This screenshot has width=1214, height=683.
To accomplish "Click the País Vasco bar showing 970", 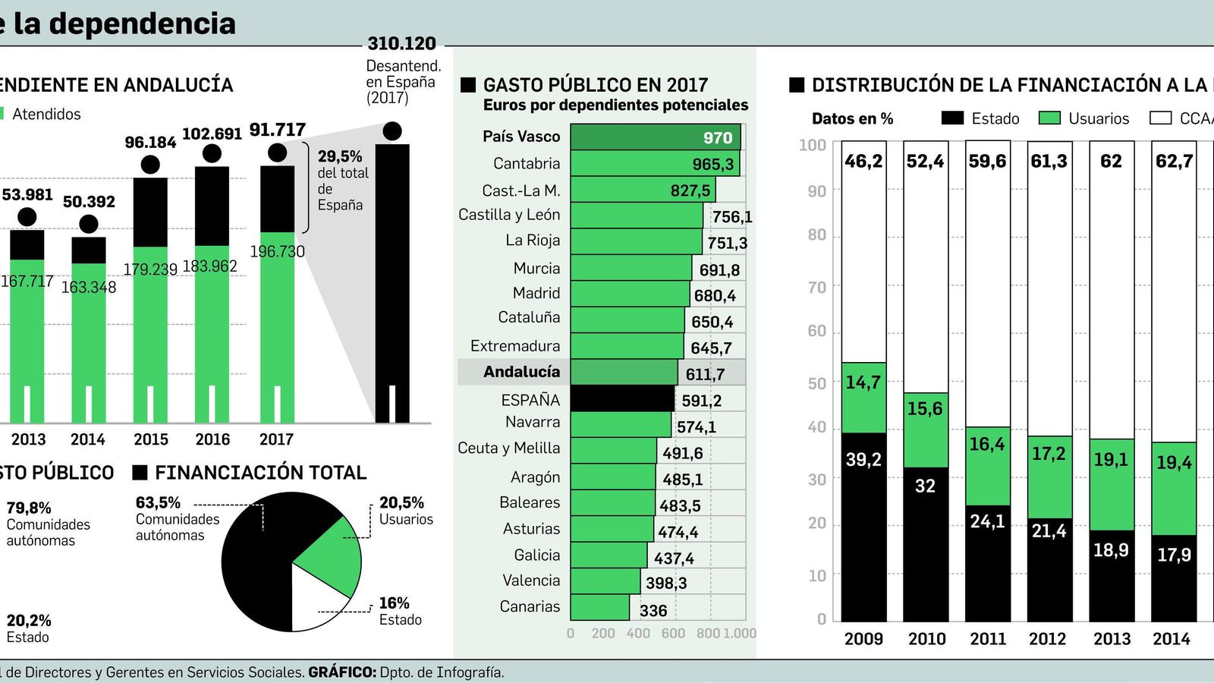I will (655, 137).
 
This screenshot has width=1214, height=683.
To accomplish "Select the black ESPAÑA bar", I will (622, 399).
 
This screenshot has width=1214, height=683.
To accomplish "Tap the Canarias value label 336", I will (653, 610).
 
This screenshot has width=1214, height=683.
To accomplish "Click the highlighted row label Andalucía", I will (521, 372).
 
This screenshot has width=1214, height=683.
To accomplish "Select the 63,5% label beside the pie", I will (158, 502).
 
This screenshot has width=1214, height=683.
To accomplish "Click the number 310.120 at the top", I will (401, 44).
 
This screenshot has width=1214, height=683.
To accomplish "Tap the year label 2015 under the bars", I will (150, 439).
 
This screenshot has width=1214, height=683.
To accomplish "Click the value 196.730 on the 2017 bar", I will (277, 251).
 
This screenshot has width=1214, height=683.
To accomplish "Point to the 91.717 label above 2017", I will (277, 130).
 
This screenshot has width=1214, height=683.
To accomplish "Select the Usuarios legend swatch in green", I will (1049, 118).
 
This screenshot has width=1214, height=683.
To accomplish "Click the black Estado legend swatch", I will (951, 118).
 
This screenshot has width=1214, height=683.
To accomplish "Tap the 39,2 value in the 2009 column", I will (863, 459).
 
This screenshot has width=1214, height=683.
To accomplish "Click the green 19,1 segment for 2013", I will (1111, 460).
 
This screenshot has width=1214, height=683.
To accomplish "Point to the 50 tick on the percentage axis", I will (816, 383).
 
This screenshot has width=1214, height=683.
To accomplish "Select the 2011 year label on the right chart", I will (988, 639).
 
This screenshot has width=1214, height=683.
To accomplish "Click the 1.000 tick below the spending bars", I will (740, 633).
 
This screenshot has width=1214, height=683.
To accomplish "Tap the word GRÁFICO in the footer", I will (341, 672).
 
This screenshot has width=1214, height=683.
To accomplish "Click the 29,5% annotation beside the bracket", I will (340, 156).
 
